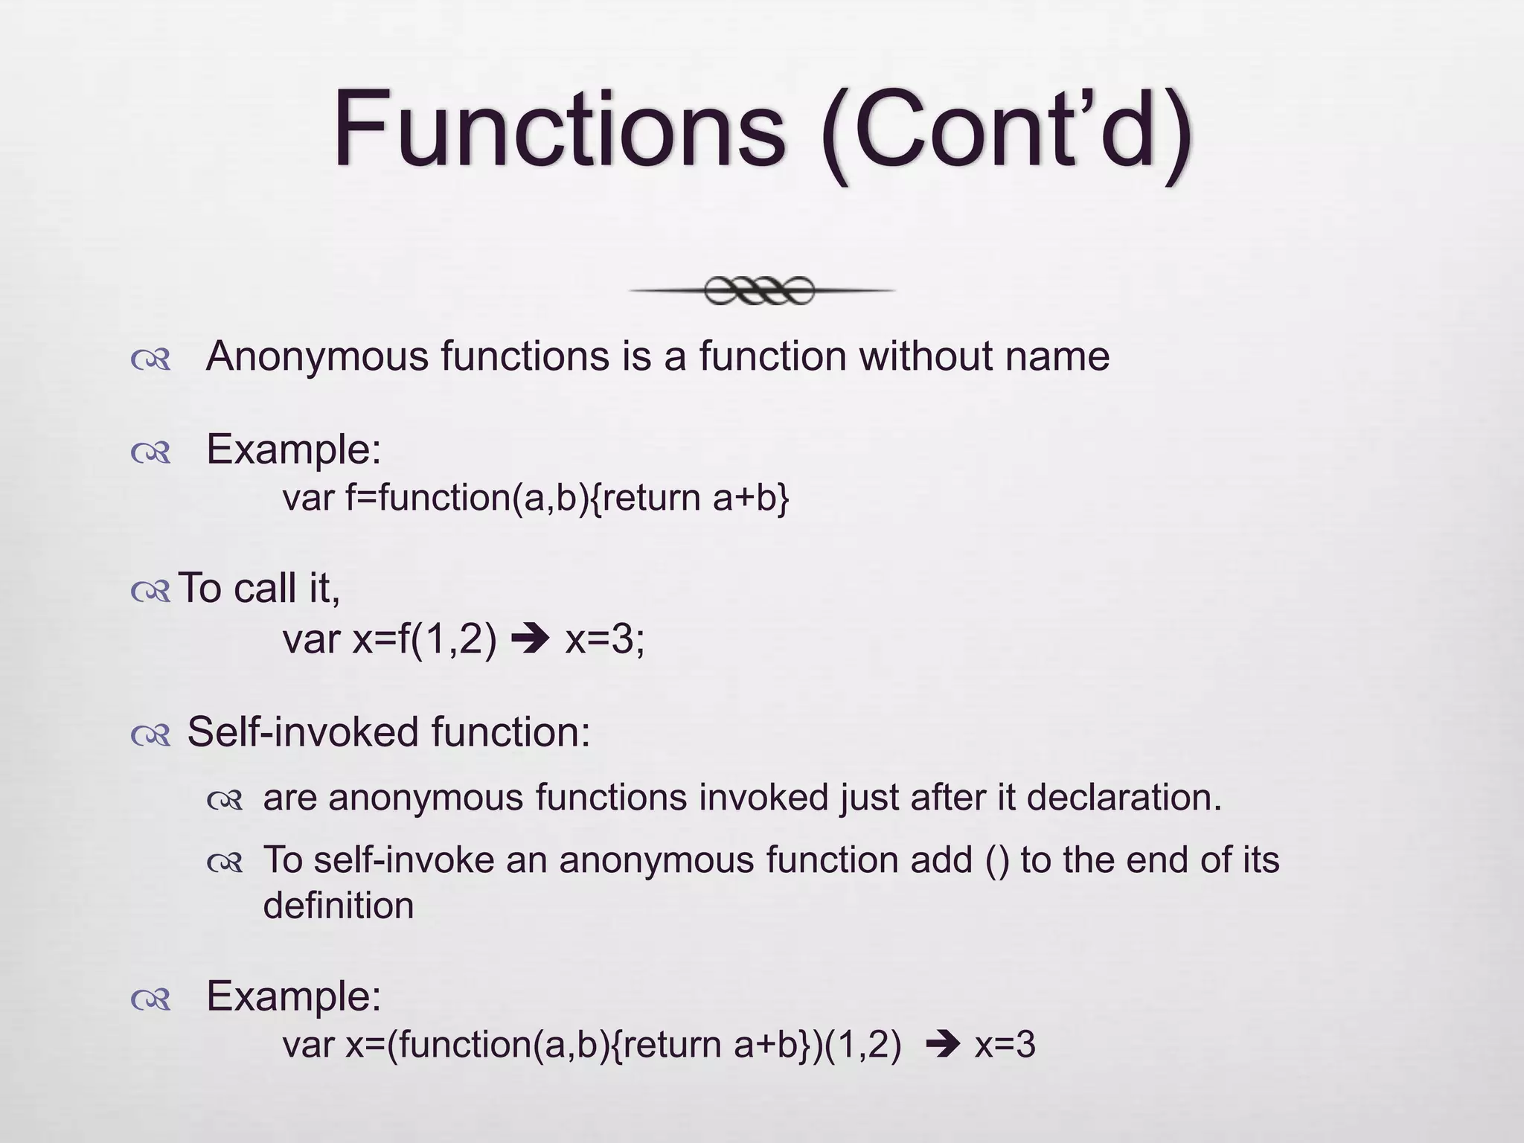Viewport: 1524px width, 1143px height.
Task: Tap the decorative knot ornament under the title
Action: (x=761, y=290)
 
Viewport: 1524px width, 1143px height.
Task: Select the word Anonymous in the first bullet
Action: (x=317, y=357)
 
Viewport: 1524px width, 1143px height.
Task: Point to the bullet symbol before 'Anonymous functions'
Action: (x=151, y=360)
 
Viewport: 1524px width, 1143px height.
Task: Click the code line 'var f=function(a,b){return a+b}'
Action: (x=535, y=498)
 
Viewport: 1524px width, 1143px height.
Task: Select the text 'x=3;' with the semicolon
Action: (x=605, y=639)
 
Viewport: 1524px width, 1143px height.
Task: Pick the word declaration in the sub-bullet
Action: (x=1124, y=798)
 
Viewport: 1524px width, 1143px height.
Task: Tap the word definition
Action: (x=339, y=906)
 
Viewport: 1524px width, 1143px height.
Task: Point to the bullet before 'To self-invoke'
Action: (x=225, y=863)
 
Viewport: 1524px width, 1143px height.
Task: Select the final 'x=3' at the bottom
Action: (x=1005, y=1045)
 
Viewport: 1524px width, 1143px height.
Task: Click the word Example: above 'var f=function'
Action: (x=293, y=450)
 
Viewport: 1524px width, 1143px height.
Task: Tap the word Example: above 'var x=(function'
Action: (x=293, y=996)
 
